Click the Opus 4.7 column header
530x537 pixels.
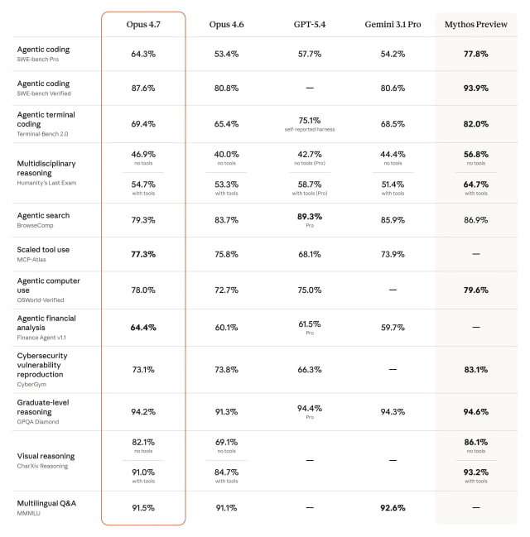coord(143,24)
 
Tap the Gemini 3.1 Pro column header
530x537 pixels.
coord(393,24)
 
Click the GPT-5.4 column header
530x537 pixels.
coord(309,24)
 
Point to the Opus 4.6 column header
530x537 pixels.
coord(226,24)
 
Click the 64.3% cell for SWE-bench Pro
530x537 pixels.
coord(143,54)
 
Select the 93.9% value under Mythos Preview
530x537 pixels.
coord(475,89)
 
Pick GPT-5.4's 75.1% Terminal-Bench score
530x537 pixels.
coord(309,119)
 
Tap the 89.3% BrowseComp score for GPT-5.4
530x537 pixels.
coord(309,216)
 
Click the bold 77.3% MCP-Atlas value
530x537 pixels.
coord(143,254)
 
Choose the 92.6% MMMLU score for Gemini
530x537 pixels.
coord(393,508)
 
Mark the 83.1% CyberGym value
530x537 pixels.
coord(475,369)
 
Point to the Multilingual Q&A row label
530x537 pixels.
coord(46,503)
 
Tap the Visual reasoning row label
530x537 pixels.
coord(46,456)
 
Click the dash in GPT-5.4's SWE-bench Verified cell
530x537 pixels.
coord(309,89)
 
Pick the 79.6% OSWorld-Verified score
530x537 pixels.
coord(475,290)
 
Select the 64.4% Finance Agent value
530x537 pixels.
coord(143,327)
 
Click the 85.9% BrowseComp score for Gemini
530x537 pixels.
coord(393,220)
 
